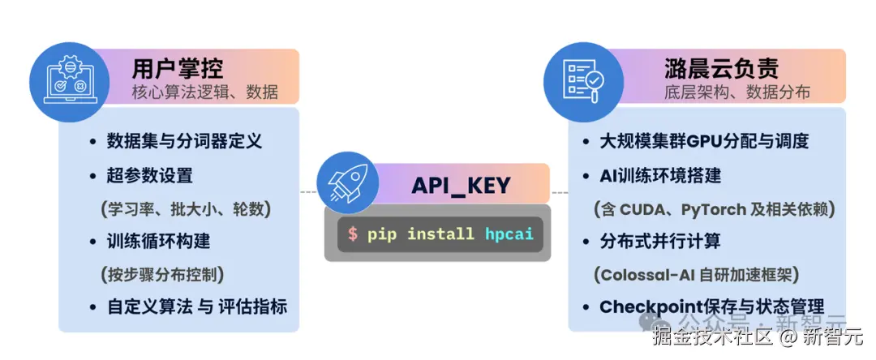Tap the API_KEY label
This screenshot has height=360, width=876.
tap(461, 185)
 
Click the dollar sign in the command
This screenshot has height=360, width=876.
tap(352, 234)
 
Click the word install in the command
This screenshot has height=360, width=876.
tap(440, 234)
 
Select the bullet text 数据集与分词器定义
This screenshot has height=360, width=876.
tap(184, 140)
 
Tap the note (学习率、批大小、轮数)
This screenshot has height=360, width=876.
tap(186, 208)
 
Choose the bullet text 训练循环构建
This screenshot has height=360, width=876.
tap(158, 241)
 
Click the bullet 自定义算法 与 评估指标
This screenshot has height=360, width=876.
tap(197, 307)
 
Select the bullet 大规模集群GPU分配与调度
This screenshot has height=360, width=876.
tap(704, 141)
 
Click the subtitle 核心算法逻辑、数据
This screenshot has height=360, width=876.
tap(205, 92)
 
